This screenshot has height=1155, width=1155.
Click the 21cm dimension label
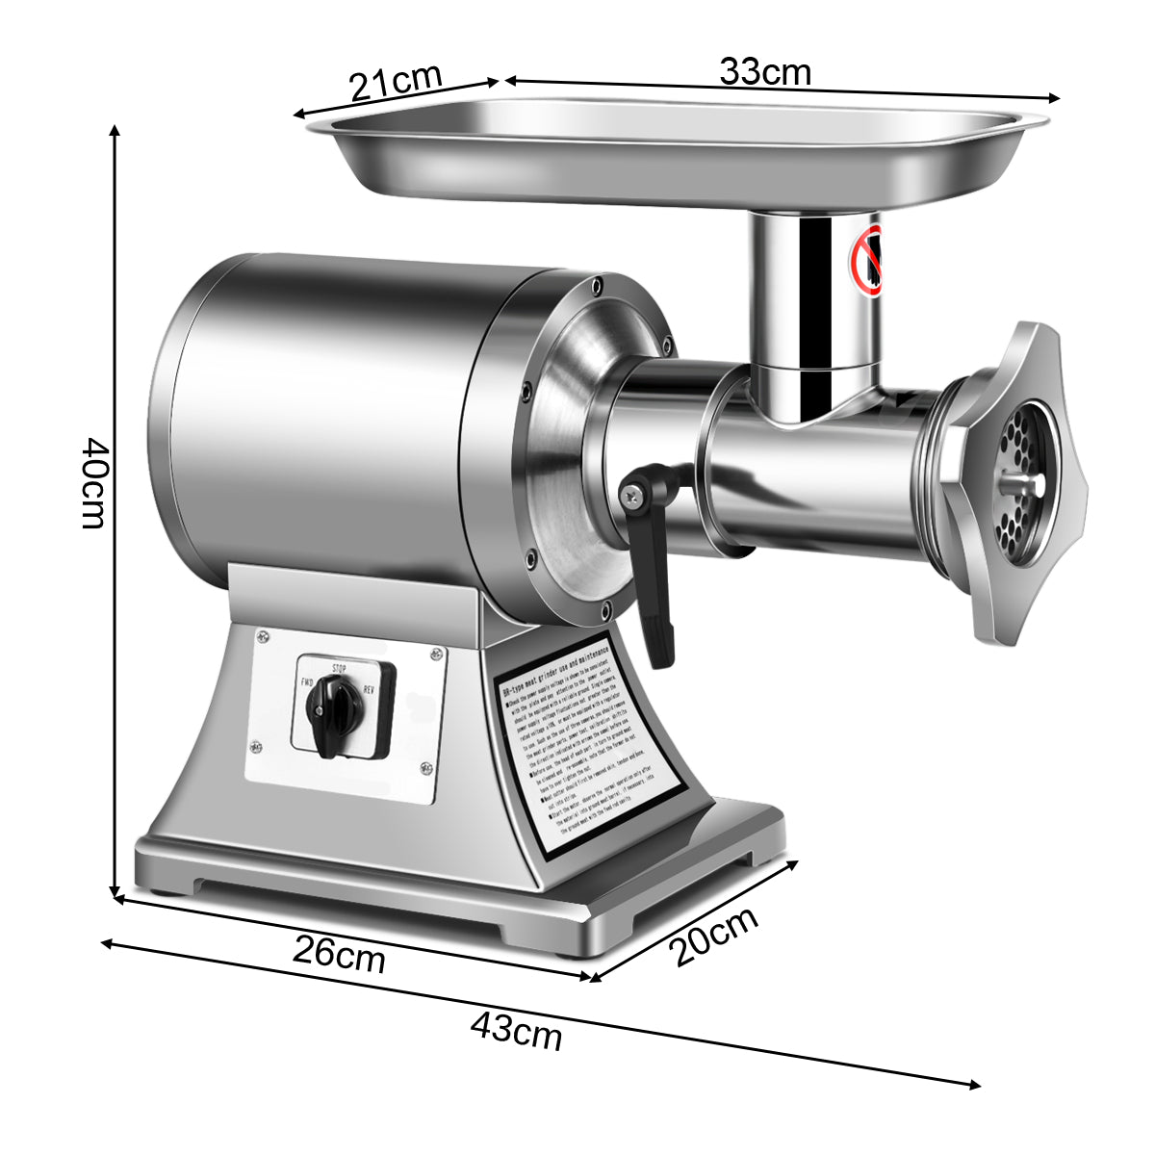coord(395,82)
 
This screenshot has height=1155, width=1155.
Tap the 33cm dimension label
coord(765,71)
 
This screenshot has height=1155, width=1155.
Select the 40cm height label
coord(93,483)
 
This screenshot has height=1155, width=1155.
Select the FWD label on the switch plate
coord(308,681)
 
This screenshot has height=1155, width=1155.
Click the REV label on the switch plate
coord(369,689)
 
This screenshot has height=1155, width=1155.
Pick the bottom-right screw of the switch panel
coord(424,767)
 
